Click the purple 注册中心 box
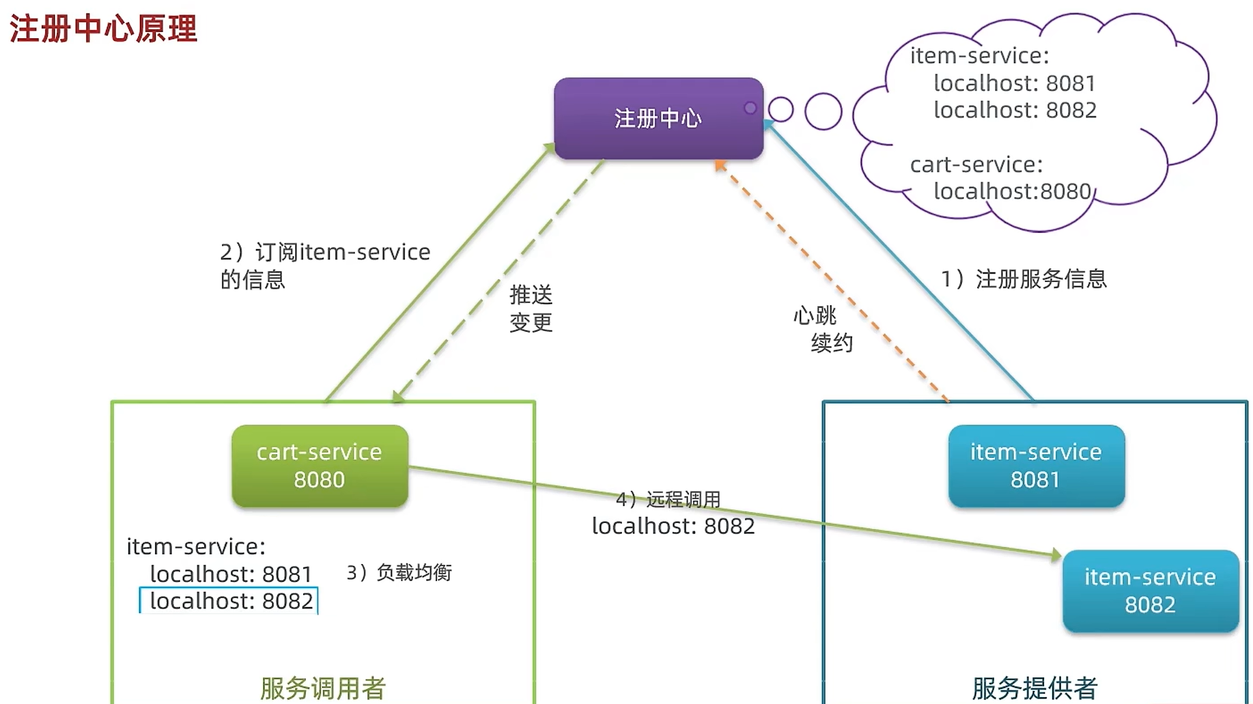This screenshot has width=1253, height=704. click(658, 119)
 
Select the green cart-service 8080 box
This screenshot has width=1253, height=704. click(320, 466)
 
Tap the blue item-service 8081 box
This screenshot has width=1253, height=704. click(1036, 466)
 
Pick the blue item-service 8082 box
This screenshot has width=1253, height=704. click(1150, 591)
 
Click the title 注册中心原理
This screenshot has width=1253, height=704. click(103, 29)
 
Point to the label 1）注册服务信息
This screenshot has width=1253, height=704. click(1023, 279)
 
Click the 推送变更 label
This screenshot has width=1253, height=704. click(531, 309)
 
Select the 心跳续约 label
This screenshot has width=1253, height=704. click(823, 329)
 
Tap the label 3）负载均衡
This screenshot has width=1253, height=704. click(399, 572)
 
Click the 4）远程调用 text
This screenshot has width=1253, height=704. click(668, 499)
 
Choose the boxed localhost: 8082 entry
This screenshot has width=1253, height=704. click(229, 601)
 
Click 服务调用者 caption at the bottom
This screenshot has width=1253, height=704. click(322, 688)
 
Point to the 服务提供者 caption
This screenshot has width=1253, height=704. click(1034, 688)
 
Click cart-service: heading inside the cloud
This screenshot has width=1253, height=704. click(976, 165)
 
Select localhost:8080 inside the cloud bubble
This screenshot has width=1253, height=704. click(1012, 191)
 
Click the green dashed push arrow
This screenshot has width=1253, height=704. click(498, 280)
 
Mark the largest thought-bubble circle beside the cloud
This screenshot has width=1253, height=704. click(823, 111)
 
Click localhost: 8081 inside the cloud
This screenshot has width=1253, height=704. click(1014, 83)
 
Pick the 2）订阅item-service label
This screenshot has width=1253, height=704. click(325, 253)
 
